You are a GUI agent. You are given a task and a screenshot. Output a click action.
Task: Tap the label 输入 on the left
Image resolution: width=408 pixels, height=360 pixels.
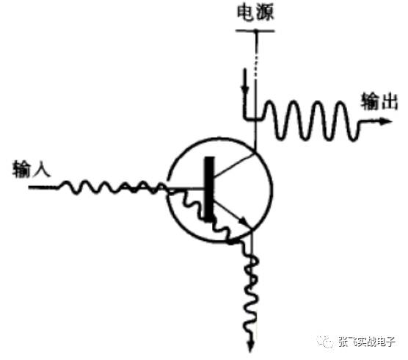coord(32,168)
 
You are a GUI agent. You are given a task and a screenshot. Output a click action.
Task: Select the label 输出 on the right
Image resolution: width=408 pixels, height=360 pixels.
coord(379,101)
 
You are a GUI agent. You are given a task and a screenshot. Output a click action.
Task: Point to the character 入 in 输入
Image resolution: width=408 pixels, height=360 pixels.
coord(42,169)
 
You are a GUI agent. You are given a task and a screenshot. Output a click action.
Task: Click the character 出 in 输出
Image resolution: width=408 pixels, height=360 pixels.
coord(389,101)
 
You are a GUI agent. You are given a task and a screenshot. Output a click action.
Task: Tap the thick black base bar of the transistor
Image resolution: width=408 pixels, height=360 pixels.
coord(209,189)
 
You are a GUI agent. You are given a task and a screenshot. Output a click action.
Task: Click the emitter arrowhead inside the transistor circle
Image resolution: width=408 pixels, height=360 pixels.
coord(244,222)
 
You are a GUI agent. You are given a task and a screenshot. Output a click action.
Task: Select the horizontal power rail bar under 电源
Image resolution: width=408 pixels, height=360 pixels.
coord(255,31)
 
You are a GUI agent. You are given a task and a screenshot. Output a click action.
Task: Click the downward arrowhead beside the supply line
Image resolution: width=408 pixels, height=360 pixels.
coord(244,89)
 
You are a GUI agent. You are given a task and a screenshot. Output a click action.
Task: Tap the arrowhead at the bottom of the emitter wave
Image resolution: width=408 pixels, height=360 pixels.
coord(250,347)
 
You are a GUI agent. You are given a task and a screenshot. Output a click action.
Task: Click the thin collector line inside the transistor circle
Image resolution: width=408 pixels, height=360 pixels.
coord(233,165)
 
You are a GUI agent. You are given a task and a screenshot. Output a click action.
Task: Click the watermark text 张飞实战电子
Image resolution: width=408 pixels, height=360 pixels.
coord(367,341)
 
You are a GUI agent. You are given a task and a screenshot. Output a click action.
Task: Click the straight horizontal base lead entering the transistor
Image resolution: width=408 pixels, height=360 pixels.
coord(186,188)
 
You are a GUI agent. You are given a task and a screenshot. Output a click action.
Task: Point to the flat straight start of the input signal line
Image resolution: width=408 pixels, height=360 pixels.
coord(43,187)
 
